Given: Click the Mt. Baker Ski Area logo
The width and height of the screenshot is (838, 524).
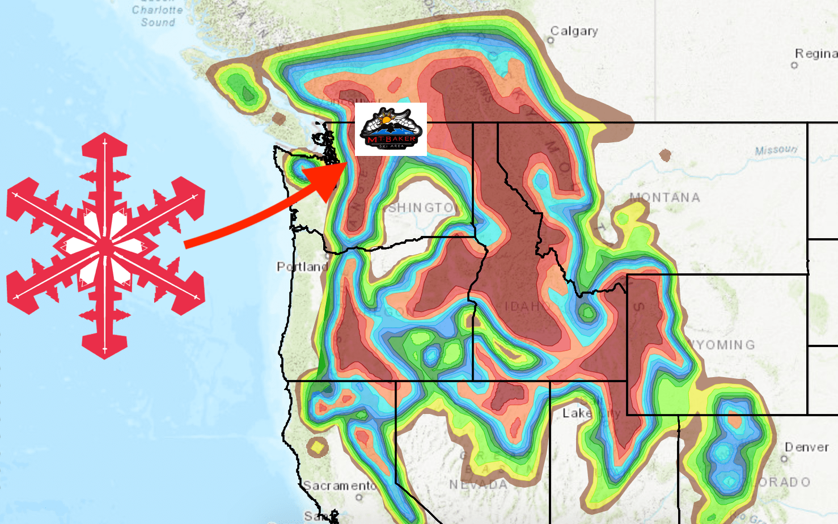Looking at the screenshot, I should pos(391,129).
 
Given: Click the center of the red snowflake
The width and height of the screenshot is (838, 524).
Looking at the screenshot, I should pos(105,246).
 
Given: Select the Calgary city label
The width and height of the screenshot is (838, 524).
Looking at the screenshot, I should pos(574,31).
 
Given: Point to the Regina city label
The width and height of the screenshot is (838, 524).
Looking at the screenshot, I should pos(815,53).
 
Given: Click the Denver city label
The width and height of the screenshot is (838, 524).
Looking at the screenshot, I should pos(806,447).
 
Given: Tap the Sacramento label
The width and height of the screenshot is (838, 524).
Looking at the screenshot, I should pos(339,485).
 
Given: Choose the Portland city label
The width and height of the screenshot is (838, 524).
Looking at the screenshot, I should pos(302,267).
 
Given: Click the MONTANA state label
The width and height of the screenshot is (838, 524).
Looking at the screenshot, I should pos(665,197).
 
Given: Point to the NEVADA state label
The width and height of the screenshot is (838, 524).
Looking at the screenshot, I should pos(478,484).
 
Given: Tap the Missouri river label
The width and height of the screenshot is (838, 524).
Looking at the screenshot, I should pos(776,150).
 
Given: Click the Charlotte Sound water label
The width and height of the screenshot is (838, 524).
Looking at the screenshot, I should pos(158,16).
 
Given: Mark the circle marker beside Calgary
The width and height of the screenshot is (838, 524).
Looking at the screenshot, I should pos(551,40).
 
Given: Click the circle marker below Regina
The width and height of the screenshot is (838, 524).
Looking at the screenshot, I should pos(794,65).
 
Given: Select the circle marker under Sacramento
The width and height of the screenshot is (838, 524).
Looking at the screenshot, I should pos(359,497).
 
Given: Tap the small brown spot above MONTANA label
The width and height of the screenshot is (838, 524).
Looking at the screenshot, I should pos(665,154).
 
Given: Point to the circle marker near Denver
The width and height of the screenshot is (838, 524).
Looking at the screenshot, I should pos(785,458).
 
